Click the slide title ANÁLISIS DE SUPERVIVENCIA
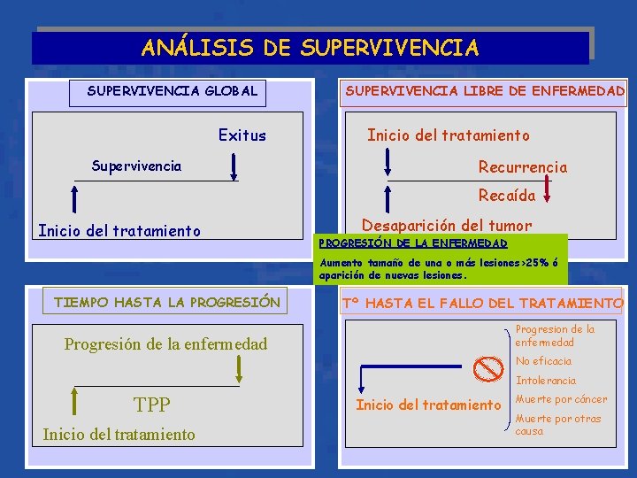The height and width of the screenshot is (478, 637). click(310, 47)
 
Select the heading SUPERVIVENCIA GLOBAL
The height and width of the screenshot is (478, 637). click(173, 90)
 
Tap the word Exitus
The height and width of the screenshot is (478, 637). click(242, 135)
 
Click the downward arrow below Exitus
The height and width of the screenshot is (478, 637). click(234, 166)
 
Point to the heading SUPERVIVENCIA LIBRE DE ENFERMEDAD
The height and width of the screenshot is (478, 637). click(485, 90)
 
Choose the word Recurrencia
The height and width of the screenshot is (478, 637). click(522, 167)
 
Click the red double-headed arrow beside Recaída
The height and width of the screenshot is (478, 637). click(548, 187)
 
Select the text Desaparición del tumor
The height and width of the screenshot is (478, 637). click(447, 226)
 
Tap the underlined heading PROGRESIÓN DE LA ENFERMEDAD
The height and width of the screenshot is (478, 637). click(413, 243)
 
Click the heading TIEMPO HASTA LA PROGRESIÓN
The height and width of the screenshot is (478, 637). click(166, 302)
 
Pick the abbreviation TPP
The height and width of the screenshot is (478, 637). click(151, 405)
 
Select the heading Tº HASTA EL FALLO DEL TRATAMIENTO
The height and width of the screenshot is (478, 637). click(482, 303)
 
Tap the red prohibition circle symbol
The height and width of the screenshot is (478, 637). click(484, 366)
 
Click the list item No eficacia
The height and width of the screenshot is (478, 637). click(543, 361)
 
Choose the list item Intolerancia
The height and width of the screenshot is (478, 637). click(545, 381)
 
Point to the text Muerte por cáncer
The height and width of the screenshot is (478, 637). click(561, 399)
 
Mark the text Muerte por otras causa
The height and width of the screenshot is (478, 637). click(557, 425)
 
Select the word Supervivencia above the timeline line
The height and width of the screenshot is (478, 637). click(137, 166)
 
